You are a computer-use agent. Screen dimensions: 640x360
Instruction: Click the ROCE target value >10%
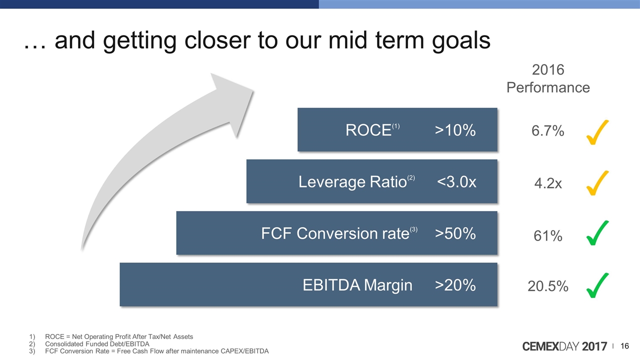click(455, 130)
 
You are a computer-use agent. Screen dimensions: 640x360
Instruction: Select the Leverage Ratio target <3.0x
click(456, 182)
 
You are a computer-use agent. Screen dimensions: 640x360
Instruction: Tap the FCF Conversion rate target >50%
click(455, 233)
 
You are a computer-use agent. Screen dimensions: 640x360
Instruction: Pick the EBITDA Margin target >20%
click(455, 285)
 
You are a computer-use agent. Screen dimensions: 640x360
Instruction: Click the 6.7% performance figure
click(547, 131)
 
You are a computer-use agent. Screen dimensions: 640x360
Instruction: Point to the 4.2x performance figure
click(548, 183)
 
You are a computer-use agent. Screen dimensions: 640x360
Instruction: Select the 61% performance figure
click(547, 236)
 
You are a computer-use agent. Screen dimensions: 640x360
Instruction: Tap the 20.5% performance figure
click(547, 286)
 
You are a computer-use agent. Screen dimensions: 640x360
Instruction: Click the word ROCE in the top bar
click(368, 130)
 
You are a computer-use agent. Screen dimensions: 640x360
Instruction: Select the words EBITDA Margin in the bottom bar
click(357, 285)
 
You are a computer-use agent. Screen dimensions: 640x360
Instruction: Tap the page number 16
click(624, 346)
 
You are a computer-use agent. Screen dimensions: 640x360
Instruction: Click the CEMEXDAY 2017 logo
click(564, 346)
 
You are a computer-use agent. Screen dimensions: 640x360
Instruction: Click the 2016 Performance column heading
click(548, 78)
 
